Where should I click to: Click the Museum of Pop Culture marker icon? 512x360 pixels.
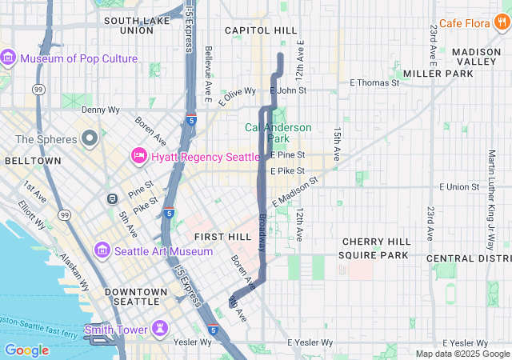point(9,58)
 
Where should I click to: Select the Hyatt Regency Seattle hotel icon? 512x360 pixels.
point(138,156)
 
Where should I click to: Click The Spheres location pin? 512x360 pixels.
point(89,139)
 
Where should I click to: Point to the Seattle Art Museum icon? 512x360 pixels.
point(102,251)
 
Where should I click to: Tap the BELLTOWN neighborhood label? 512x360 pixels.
point(33,160)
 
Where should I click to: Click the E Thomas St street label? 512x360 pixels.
point(374,82)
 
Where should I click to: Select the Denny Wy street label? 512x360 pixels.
point(98,109)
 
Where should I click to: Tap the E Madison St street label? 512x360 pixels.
point(294,191)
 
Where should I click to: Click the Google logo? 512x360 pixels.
point(26,350)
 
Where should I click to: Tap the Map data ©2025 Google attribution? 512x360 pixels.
point(462,354)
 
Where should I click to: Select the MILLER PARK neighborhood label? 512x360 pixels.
point(438,73)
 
